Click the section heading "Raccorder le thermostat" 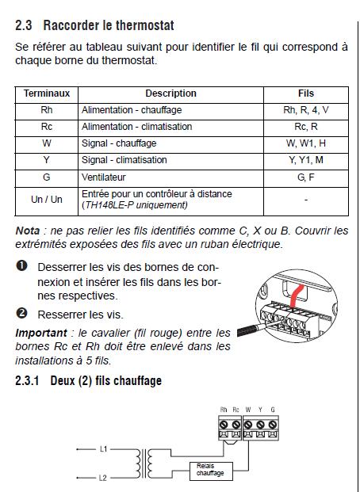[x=109, y=25]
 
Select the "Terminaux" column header [x=47, y=93]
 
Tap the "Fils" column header [x=306, y=93]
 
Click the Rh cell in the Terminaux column [x=47, y=110]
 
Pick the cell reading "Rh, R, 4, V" [x=306, y=110]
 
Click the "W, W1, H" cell [x=306, y=143]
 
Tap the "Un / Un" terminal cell [x=47, y=200]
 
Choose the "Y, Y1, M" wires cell [x=306, y=160]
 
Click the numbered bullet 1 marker [x=21, y=265]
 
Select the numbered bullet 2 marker [x=21, y=313]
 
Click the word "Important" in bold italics [x=41, y=333]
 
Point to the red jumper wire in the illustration [x=294, y=297]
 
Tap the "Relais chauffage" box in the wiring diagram [x=211, y=471]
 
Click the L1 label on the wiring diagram [x=103, y=449]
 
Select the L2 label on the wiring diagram [x=103, y=478]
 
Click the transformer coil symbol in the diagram [x=144, y=463]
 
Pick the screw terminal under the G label [x=273, y=425]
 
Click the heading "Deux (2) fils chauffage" [x=106, y=380]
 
